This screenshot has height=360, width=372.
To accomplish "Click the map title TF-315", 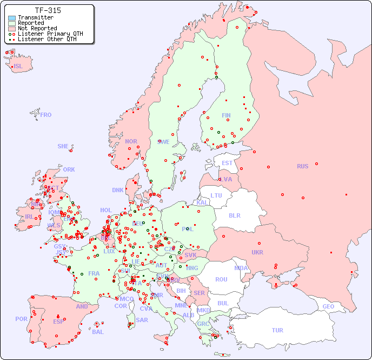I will pos(48,10).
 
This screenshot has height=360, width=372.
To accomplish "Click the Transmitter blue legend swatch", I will pos(12,18).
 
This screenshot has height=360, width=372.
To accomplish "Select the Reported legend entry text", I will pos(31,23).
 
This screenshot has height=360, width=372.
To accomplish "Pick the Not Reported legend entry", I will pos(37,29).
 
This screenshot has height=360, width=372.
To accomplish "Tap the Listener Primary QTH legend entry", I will pos(50,34).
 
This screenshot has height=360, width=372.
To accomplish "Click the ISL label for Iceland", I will pos(18,67).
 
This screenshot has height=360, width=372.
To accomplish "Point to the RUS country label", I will pos(302,166).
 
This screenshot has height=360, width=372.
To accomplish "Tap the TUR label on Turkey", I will pos(277,330).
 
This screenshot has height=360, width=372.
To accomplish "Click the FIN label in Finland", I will pos(226,115).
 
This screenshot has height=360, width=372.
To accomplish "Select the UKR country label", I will pos(257,252).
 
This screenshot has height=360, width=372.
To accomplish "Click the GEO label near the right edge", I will pos(328,306).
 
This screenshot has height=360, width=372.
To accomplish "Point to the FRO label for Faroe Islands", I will pos(46,115).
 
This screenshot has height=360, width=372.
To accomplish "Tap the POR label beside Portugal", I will pos(21,319).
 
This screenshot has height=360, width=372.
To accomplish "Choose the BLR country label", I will pos(235,215).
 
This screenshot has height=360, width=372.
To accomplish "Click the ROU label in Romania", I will pos(221,279).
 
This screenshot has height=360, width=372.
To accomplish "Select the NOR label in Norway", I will pos(131,141).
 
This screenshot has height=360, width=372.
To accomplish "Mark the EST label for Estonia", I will pos(227,163).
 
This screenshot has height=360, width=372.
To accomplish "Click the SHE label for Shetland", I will pos(63,146).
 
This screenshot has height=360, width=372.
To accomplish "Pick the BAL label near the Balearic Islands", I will pos(98,332).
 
